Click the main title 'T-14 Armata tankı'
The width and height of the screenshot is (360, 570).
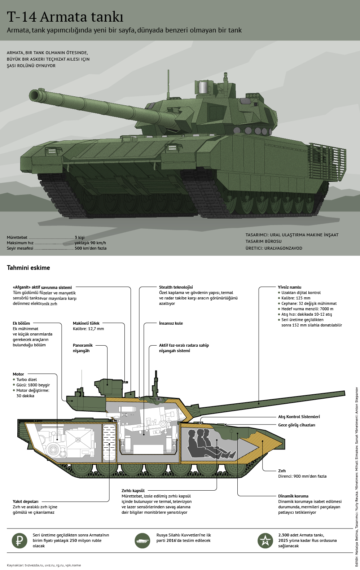pos(65,17)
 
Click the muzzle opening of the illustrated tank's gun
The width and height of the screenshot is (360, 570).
pos(36,95)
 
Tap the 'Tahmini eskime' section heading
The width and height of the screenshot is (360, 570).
pos(28,268)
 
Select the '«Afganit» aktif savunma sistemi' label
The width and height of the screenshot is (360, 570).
pos(42,288)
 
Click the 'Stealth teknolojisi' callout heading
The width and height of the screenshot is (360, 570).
pos(176,288)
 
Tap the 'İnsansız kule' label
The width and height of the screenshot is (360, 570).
pos(171,323)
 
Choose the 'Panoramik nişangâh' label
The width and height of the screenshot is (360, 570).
pos(83,348)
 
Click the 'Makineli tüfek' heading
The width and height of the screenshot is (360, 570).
pos(86,323)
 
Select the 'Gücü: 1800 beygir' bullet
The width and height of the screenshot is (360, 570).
pos(33,385)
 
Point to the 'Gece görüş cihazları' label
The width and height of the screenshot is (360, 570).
pos(297,425)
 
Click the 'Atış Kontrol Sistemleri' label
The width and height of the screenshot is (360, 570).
pos(299,417)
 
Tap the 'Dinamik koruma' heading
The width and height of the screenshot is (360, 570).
pos(293,496)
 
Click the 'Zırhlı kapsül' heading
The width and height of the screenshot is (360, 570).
pos(133,491)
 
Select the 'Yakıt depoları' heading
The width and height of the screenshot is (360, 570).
pos(26,501)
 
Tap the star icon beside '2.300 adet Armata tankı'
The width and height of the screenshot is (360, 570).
pos(265,540)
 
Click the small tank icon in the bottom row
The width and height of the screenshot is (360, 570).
pos(142,540)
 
